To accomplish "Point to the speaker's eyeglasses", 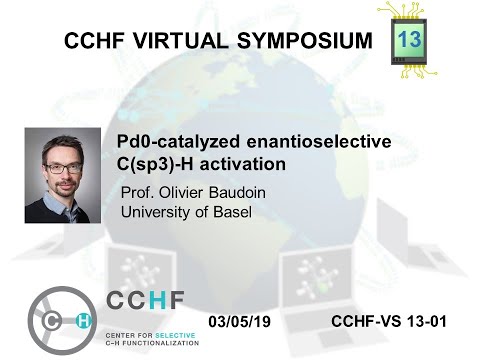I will (63, 162).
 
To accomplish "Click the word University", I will (156, 211).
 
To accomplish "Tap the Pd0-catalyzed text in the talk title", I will (162, 142).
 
